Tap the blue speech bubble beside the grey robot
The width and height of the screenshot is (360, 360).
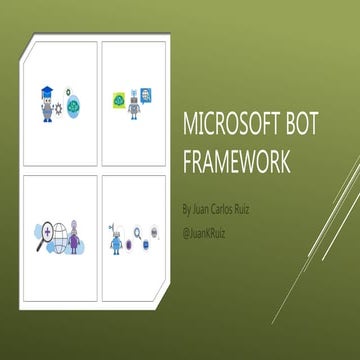(x=147, y=95)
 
